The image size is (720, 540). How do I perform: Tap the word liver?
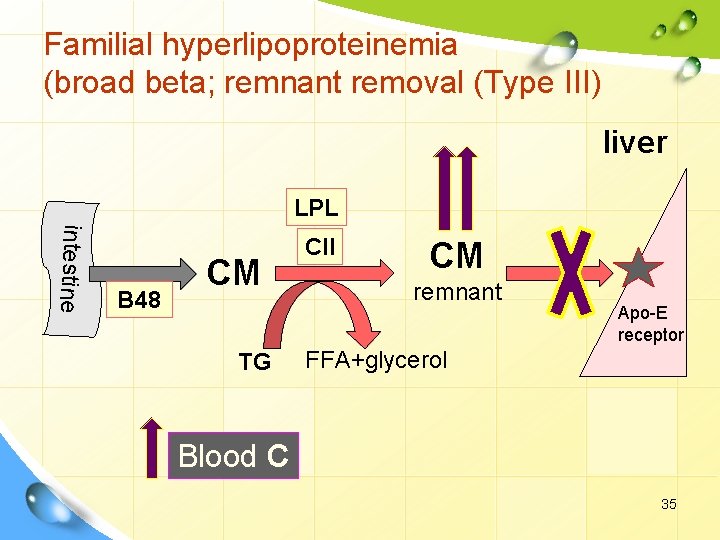pyautogui.click(x=634, y=142)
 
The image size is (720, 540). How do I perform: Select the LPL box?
pyautogui.click(x=316, y=208)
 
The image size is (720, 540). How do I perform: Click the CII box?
pyautogui.click(x=320, y=246)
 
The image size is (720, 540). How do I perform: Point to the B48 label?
pyautogui.click(x=140, y=299)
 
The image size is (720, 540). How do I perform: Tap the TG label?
pyautogui.click(x=254, y=362)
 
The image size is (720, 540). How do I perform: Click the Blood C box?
pyautogui.click(x=232, y=456)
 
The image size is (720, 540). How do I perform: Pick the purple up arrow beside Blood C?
pyautogui.click(x=151, y=446)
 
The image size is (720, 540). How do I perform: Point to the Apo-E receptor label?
pyautogui.click(x=650, y=324)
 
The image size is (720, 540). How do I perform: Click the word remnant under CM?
pyautogui.click(x=457, y=292)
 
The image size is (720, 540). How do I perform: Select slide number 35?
pyautogui.click(x=668, y=504)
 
